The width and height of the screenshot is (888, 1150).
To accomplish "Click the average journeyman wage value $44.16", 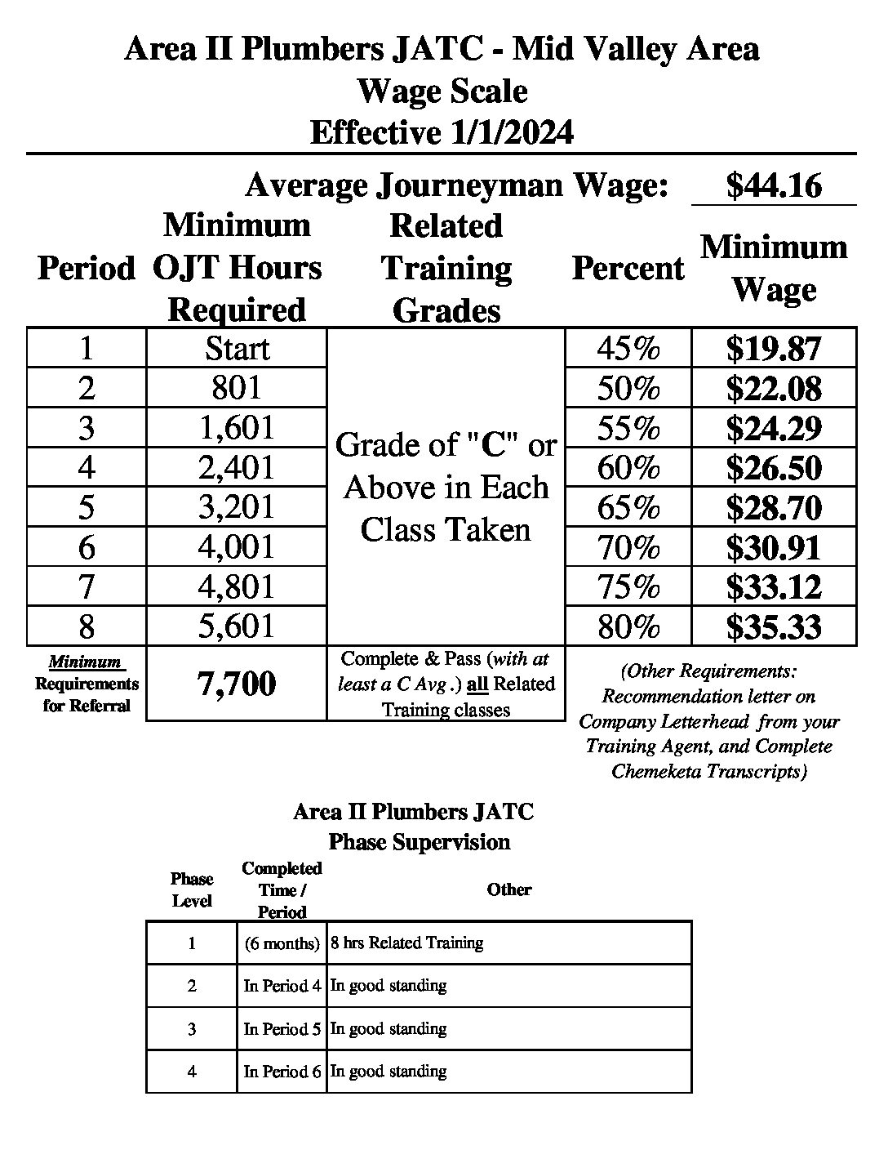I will click(x=774, y=186).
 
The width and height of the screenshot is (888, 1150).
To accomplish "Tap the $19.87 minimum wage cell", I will click(x=774, y=349).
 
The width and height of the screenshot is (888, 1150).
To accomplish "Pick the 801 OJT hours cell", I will click(x=237, y=388).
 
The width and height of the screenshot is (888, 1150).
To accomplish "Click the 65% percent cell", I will click(x=628, y=507).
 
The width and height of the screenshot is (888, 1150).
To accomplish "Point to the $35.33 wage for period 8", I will click(x=774, y=627).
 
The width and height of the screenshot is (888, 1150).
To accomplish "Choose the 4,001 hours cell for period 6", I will click(x=237, y=547).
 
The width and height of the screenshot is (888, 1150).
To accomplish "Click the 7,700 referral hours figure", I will click(x=237, y=684).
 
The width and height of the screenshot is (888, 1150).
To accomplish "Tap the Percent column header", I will click(x=628, y=268).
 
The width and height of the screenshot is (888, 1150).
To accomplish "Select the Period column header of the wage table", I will click(x=86, y=268).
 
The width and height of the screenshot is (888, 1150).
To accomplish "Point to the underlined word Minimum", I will click(x=85, y=662).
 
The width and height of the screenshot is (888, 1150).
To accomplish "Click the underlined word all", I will click(x=477, y=684).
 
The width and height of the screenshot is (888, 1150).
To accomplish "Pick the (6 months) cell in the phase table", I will click(x=282, y=943).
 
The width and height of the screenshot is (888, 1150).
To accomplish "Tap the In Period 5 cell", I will click(x=282, y=1029).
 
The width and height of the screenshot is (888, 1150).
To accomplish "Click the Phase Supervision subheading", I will click(x=419, y=842).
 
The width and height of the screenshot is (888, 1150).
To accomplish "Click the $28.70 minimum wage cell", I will click(x=774, y=507).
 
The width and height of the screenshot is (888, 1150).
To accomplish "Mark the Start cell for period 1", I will click(x=237, y=349).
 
